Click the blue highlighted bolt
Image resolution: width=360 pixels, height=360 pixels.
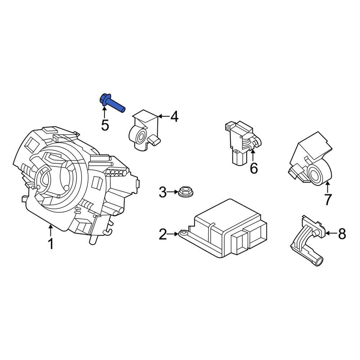(x=111, y=103)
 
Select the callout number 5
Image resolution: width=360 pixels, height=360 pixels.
(x=105, y=125)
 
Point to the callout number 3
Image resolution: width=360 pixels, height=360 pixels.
(x=163, y=193)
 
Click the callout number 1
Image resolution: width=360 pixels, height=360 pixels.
(x=51, y=244)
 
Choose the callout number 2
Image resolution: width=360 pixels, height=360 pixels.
(x=163, y=235)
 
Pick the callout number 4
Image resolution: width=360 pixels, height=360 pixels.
(x=174, y=117)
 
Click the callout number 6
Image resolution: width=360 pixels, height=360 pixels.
(x=254, y=168)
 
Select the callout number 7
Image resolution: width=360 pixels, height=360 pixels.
(x=327, y=199)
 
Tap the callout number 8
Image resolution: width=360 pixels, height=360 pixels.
(x=341, y=234)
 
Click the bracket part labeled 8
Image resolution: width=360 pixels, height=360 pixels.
(x=306, y=241)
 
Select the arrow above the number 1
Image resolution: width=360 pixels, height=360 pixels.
(x=51, y=230)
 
